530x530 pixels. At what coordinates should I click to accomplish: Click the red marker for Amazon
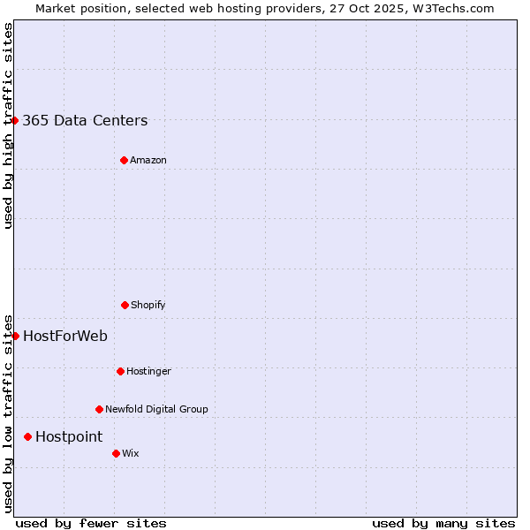(x=124, y=160)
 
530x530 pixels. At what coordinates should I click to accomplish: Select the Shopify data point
(x=125, y=305)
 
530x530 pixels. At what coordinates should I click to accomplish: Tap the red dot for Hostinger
(x=120, y=371)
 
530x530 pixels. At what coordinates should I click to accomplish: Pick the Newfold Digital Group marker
(x=99, y=409)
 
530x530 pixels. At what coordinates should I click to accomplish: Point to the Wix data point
(x=116, y=453)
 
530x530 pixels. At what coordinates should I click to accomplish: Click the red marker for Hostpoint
(x=27, y=436)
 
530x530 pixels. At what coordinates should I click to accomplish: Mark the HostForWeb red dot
(x=15, y=336)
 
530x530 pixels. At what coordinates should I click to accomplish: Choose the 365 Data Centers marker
(x=15, y=120)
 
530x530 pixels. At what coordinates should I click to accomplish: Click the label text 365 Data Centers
(x=85, y=121)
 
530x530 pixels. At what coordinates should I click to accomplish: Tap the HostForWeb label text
(x=65, y=336)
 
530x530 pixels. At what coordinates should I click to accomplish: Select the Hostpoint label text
(x=69, y=437)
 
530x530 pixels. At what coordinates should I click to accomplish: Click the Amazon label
(x=148, y=161)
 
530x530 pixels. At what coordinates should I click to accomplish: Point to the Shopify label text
(x=148, y=306)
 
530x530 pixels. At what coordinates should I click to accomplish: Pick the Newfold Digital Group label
(x=156, y=410)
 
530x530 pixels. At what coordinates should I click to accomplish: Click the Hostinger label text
(x=148, y=372)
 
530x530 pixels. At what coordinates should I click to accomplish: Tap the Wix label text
(x=131, y=454)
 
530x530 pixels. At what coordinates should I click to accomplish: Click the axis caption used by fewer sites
(x=91, y=523)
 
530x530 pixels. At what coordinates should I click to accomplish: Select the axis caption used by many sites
(x=443, y=523)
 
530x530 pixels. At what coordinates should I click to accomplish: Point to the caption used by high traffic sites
(x=8, y=125)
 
